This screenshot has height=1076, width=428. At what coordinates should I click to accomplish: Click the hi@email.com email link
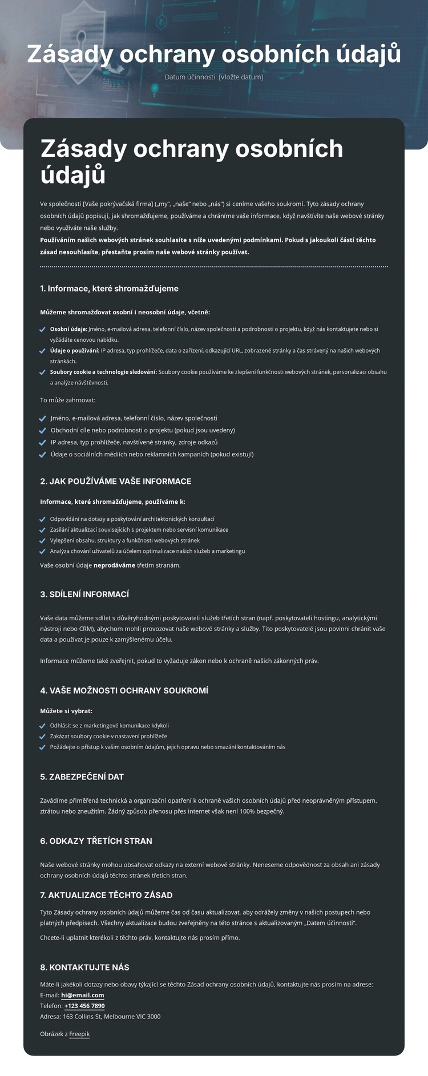click(x=82, y=995)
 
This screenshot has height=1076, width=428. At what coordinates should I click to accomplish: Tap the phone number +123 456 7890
click(x=84, y=1006)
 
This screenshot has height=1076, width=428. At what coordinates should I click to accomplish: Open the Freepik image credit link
click(x=79, y=1034)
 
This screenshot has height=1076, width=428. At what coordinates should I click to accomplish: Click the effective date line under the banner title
click(x=214, y=77)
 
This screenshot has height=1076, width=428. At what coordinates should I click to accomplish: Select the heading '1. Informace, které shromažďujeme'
click(x=109, y=289)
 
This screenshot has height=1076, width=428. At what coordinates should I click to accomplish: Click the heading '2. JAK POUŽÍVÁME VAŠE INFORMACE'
click(x=115, y=482)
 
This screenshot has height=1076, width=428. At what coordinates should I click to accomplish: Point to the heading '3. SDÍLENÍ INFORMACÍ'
click(x=84, y=594)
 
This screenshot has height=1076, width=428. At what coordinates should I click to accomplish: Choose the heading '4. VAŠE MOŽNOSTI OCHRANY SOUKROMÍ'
click(x=124, y=691)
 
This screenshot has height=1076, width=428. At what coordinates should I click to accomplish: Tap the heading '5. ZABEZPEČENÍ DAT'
click(x=82, y=777)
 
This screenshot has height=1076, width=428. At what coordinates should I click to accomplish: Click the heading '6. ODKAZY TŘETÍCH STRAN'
click(x=96, y=841)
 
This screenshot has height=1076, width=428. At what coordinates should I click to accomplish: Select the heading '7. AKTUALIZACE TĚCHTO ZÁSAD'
click(x=106, y=895)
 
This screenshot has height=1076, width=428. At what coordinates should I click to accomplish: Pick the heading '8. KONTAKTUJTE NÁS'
click(x=84, y=968)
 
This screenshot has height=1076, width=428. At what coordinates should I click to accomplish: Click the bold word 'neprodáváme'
click(x=114, y=565)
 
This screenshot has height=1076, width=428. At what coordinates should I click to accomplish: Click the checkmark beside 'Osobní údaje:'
click(x=42, y=330)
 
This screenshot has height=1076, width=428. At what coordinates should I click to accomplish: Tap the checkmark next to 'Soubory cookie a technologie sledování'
click(x=42, y=373)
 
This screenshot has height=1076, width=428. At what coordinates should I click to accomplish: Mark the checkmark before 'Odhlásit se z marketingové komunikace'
click(x=42, y=726)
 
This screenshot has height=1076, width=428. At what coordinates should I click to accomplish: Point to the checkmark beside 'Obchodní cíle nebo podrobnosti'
click(x=42, y=431)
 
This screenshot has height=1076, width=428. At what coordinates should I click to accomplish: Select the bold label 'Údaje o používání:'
click(x=74, y=350)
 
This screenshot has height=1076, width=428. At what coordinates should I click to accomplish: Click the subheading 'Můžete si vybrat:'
click(x=66, y=711)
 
